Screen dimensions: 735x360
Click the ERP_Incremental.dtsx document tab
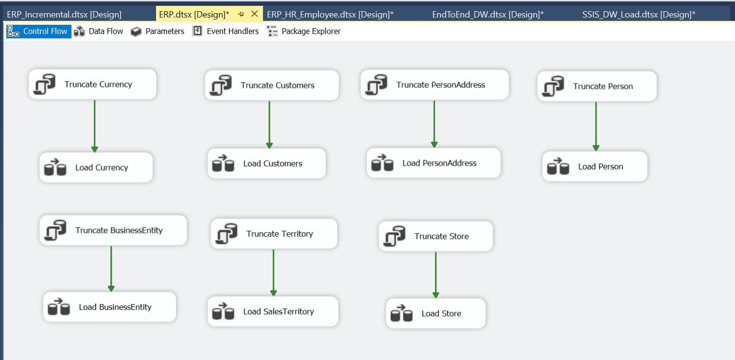pyautogui.click(x=64, y=15)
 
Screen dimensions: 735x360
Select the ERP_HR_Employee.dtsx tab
pyautogui.click(x=330, y=15)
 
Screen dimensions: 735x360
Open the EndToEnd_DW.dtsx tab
pyautogui.click(x=488, y=15)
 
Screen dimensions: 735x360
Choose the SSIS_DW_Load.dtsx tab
pyautogui.click(x=639, y=15)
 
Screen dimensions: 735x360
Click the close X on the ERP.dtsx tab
pyautogui.click(x=254, y=14)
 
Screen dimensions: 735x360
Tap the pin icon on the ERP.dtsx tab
pyautogui.click(x=241, y=15)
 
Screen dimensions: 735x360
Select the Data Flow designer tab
pyautogui.click(x=98, y=31)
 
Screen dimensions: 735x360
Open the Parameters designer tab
pyautogui.click(x=157, y=31)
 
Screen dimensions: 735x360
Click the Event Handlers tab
pyautogui.click(x=226, y=31)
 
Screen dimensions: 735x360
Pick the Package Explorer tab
pyautogui.click(x=304, y=31)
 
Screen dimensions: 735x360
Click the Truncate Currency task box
pyautogui.click(x=92, y=84)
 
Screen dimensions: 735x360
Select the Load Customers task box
pyautogui.click(x=267, y=163)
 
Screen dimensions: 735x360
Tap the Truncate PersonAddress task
pyautogui.click(x=435, y=85)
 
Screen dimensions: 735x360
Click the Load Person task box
pyautogui.click(x=595, y=166)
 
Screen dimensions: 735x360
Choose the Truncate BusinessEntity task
pyautogui.click(x=113, y=230)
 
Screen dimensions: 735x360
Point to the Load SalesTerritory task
pyautogui.click(x=273, y=311)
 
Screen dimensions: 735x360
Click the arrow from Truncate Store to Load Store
pyautogui.click(x=436, y=275)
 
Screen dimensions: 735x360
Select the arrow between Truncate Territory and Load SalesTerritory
pyautogui.click(x=273, y=273)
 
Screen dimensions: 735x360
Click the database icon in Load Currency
pyautogui.click(x=55, y=167)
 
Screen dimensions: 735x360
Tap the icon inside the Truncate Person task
pyautogui.click(x=554, y=86)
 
